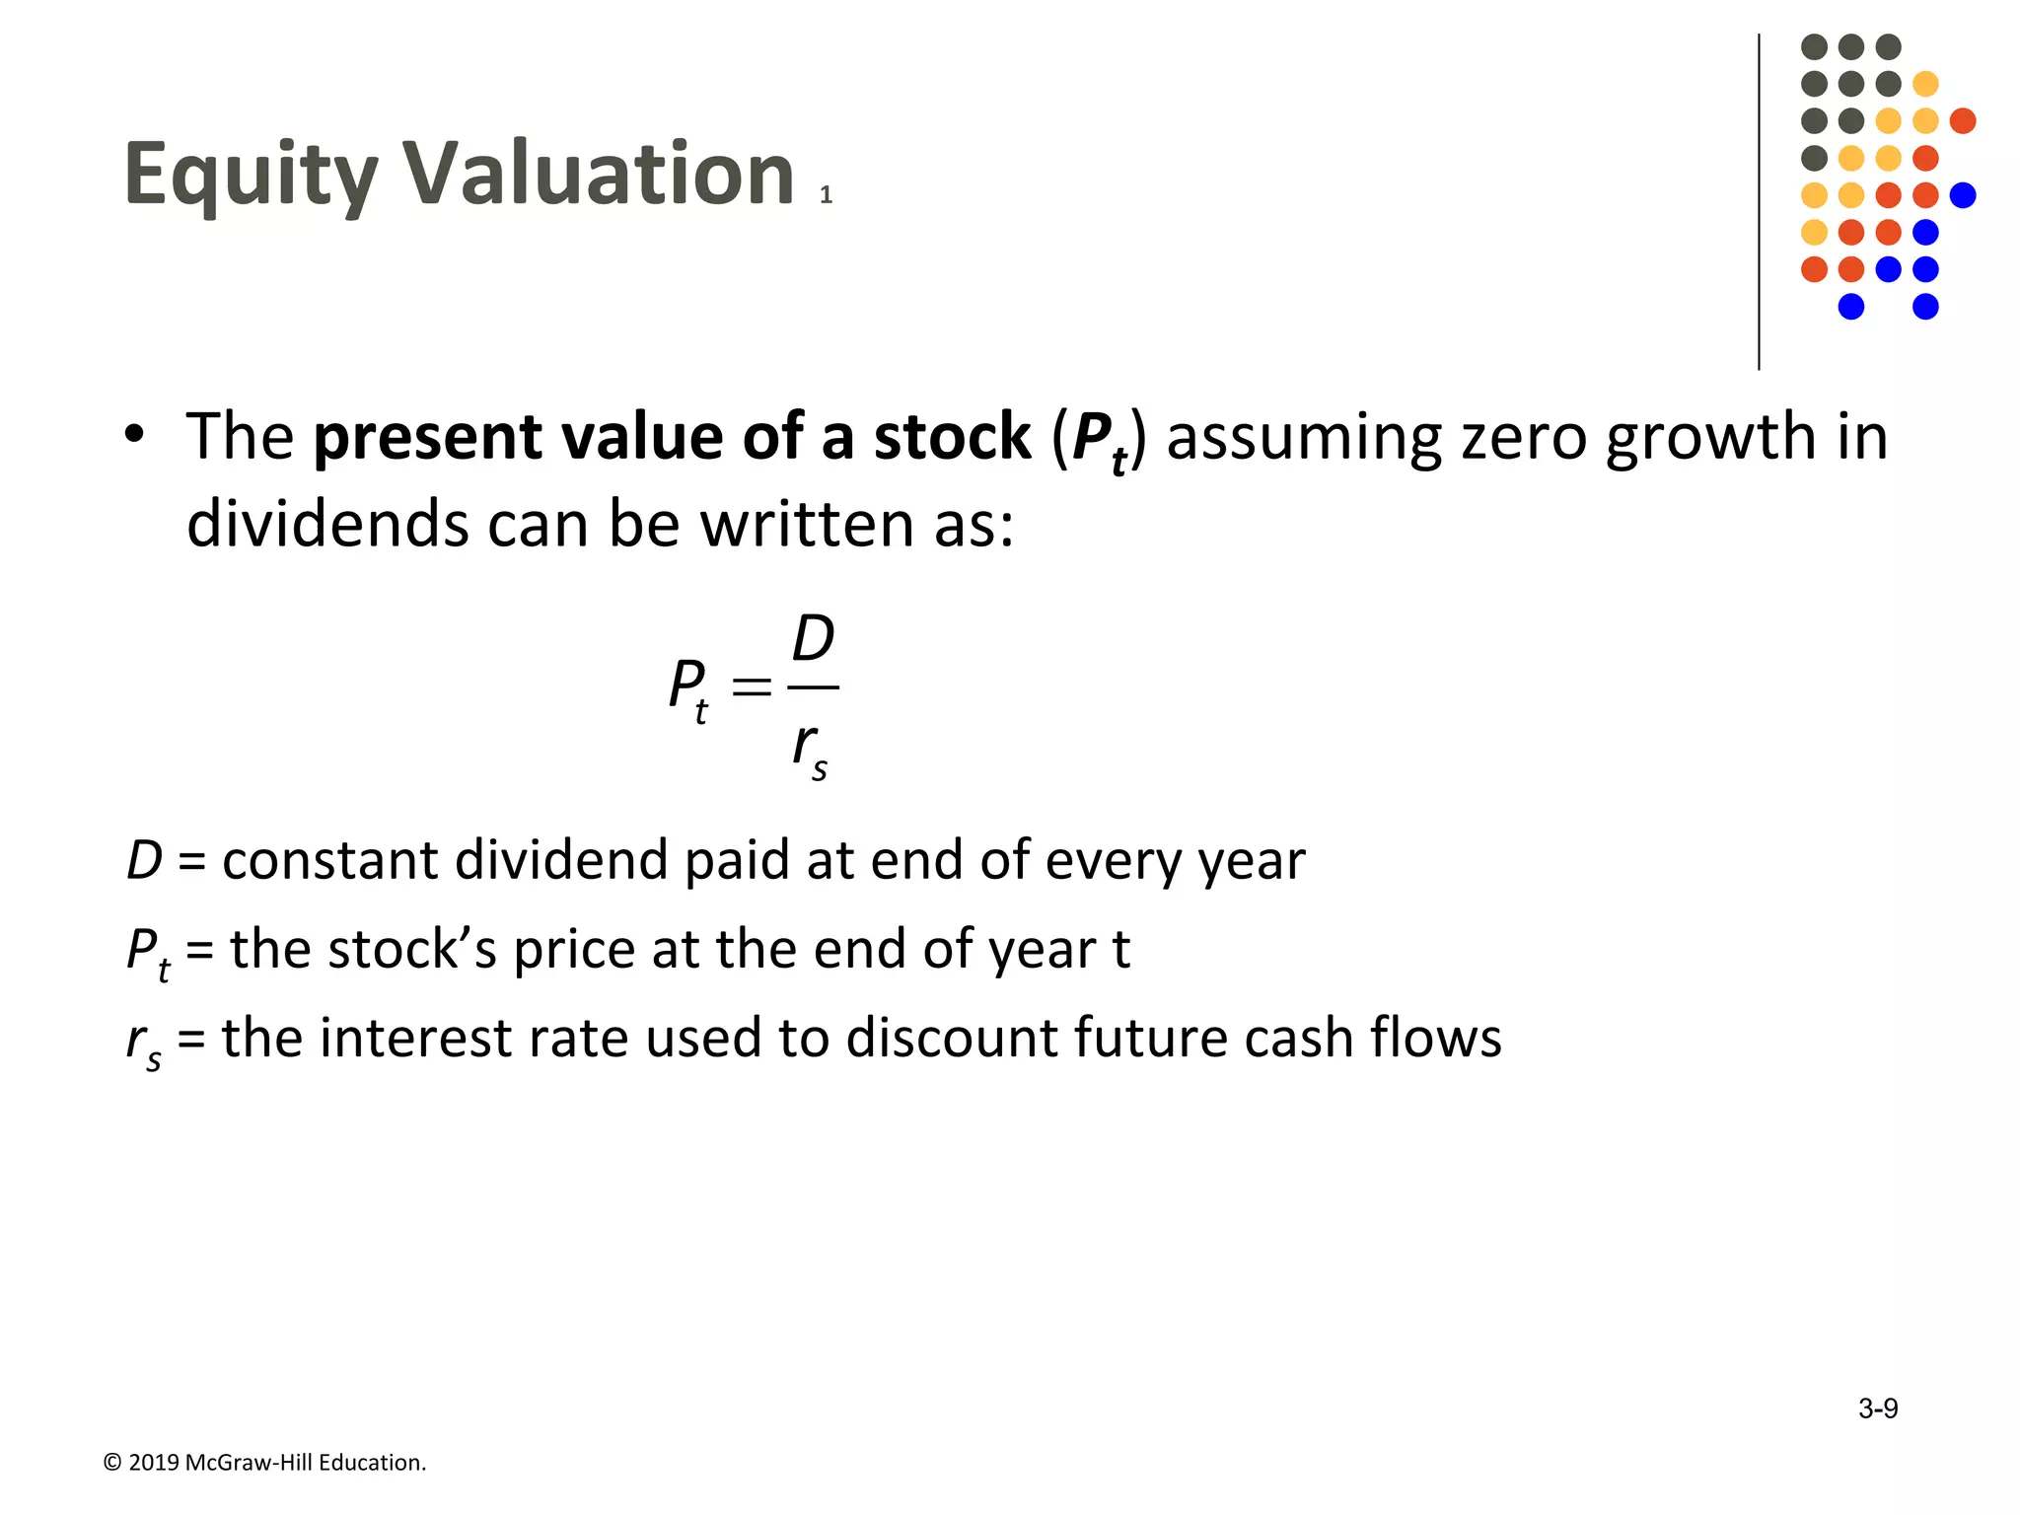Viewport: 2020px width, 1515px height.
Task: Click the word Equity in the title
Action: (251, 176)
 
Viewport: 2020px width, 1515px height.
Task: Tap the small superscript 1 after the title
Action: (826, 195)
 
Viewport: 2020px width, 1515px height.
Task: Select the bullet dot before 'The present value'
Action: (134, 434)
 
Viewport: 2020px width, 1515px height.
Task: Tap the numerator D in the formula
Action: (813, 639)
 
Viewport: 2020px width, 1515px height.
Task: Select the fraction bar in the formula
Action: (814, 687)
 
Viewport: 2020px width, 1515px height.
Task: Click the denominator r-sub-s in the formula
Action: (810, 748)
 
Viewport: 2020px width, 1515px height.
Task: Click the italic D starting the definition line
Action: (144, 860)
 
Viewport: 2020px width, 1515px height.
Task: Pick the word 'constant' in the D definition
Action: (329, 860)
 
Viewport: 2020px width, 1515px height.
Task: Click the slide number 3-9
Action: (1878, 1408)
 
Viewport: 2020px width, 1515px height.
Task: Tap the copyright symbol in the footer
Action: (112, 1463)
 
